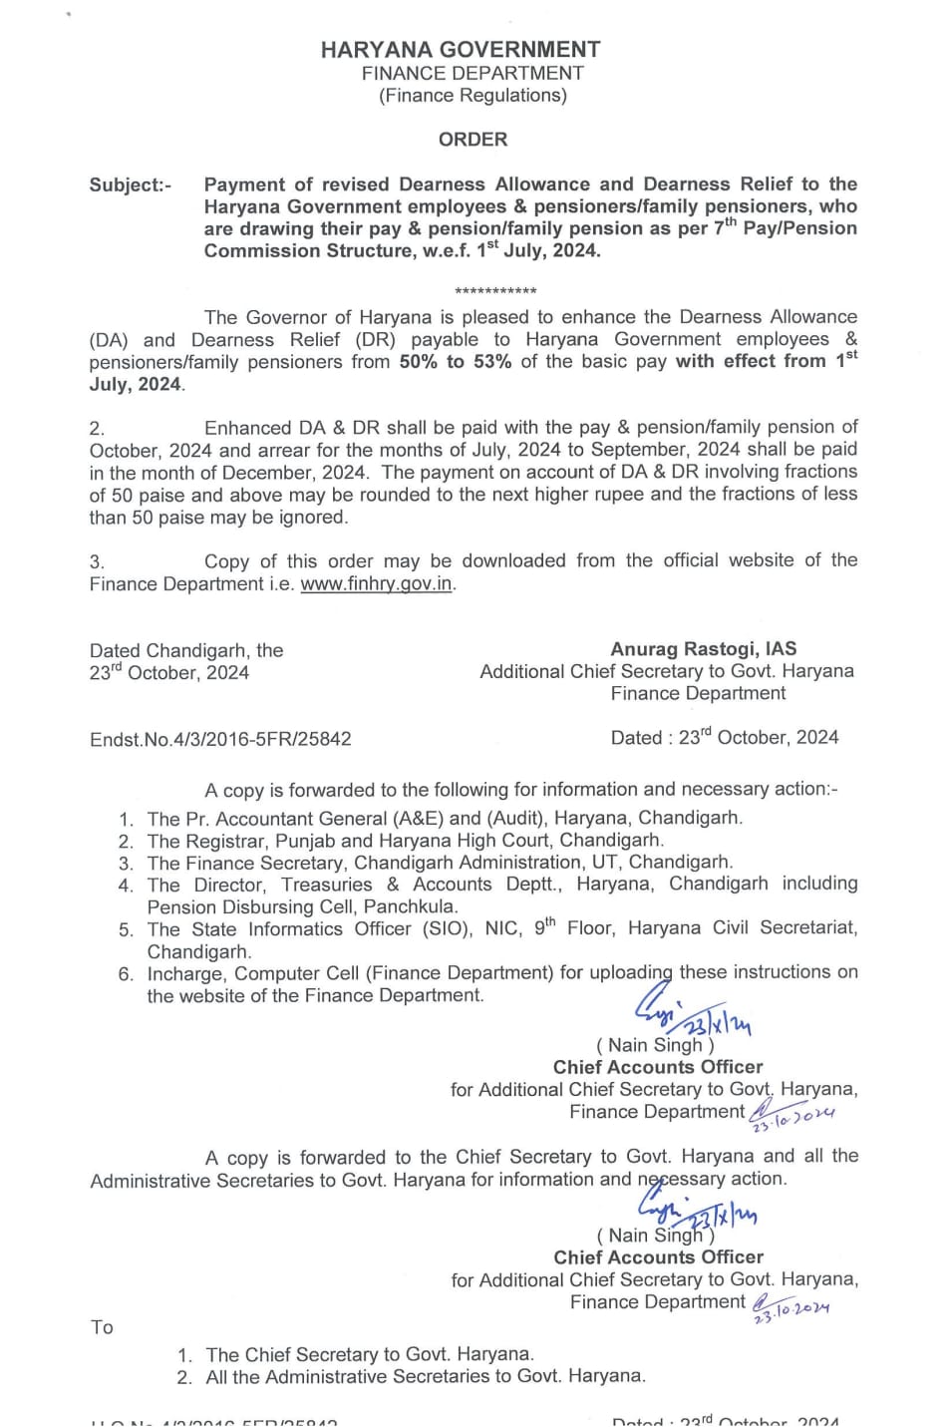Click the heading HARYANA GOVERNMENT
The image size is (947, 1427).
coord(461,50)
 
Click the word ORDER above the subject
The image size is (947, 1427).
coord(473,140)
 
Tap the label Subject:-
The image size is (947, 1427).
coord(130,185)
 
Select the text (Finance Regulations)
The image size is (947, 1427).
coord(473,96)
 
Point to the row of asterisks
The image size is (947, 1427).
coord(495,291)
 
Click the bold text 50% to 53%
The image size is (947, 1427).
coord(456,362)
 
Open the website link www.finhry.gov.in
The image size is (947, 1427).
coord(377,584)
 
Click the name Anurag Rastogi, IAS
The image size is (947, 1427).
coord(703,649)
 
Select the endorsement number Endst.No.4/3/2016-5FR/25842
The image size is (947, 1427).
coord(220,740)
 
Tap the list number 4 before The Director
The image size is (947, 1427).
coord(126,886)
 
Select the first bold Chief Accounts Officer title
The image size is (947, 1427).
coord(658,1067)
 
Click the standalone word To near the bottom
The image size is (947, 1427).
coord(102,1327)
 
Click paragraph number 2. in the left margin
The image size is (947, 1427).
coord(97,429)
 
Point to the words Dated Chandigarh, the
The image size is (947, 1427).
coord(186,650)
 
